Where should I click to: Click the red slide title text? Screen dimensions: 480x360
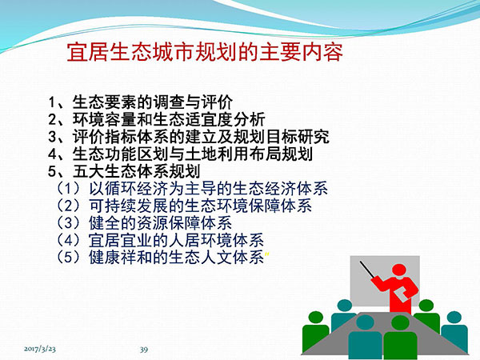click(x=205, y=52)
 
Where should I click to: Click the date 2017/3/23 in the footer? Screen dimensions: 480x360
click(x=40, y=349)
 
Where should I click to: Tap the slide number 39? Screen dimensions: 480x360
click(x=144, y=350)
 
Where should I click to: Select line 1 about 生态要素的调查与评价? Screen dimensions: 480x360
click(x=141, y=102)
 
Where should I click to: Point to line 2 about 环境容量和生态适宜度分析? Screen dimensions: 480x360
click(x=157, y=119)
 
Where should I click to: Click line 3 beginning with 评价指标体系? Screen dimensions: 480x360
click(x=189, y=137)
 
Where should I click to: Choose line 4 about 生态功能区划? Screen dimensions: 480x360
click(x=180, y=154)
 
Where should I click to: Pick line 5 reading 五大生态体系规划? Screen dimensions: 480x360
click(x=124, y=171)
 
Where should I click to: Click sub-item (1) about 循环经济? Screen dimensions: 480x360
click(x=192, y=189)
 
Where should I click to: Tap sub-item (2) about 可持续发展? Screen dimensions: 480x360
click(x=184, y=206)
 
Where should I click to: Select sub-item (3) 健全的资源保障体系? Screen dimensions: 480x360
click(x=144, y=223)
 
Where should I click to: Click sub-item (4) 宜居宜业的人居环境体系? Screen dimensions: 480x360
click(x=160, y=240)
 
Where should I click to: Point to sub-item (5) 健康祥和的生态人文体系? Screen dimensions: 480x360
click(x=160, y=257)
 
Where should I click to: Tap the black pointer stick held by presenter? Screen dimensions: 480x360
click(x=366, y=270)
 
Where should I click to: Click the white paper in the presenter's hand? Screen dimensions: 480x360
click(x=402, y=294)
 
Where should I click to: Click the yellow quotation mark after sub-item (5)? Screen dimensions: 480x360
click(x=267, y=254)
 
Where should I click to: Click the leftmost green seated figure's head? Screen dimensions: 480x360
click(x=316, y=318)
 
